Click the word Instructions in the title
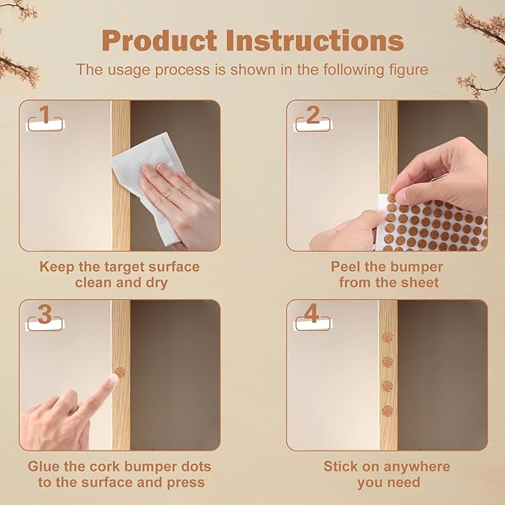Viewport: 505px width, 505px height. tap(315, 40)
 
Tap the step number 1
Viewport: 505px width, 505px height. tap(45, 114)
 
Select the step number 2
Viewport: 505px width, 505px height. tap(312, 115)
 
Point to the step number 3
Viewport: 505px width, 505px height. tap(45, 314)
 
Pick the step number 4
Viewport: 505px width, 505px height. tap(312, 313)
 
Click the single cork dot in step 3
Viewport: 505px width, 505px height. tap(120, 373)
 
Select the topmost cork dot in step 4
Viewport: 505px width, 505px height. tap(387, 338)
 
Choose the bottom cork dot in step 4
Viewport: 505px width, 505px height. tap(387, 411)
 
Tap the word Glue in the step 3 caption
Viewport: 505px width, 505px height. tap(43, 466)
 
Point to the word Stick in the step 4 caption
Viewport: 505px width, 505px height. tap(341, 466)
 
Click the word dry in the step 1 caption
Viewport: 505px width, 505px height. tap(157, 283)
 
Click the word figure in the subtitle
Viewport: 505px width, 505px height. tap(408, 70)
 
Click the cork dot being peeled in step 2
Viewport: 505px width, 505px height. tap(392, 198)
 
